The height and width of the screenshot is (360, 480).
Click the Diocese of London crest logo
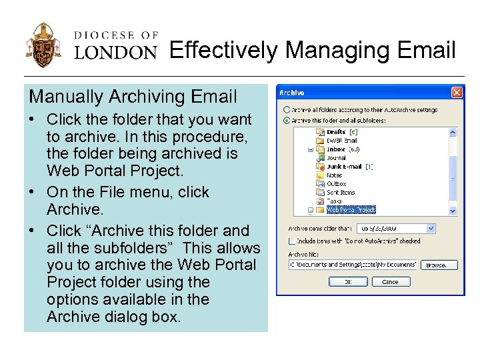coord(43,45)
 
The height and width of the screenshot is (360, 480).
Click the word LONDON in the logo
coord(115,52)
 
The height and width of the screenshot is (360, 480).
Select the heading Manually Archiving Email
coord(133,97)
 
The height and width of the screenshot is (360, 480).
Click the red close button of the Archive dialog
coord(457,93)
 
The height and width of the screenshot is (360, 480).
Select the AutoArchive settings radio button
coord(287,109)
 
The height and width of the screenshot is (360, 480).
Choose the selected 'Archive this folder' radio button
coord(287,121)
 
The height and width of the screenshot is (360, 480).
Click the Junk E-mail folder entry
coord(343,167)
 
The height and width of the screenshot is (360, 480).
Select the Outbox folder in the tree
coord(336,183)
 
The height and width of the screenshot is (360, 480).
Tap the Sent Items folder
coord(340,192)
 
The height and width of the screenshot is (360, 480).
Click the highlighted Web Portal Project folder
coord(351,209)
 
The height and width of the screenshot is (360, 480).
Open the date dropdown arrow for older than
coord(430,228)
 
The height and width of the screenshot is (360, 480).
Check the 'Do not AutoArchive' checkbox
coord(291,241)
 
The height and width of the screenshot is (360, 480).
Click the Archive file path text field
coord(353,265)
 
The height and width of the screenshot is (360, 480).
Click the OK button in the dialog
coord(347,282)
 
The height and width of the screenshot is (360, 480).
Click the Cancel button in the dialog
coord(390,282)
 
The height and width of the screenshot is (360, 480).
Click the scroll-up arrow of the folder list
coord(453,131)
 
